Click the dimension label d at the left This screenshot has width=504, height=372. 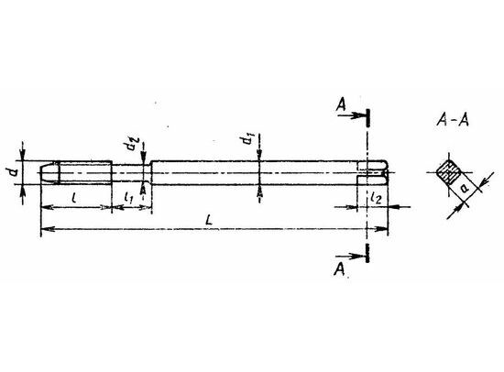point(13,172)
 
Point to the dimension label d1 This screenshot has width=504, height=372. point(247,139)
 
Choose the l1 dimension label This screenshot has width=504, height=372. point(128,197)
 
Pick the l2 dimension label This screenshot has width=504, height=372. point(376,198)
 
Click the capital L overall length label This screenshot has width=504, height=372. point(209,220)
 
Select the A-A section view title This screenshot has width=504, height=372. point(453,121)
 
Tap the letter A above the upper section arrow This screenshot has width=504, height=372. point(342,104)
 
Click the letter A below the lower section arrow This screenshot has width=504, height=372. point(339,269)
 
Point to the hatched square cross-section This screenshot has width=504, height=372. point(448,172)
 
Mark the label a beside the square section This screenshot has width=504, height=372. point(465,188)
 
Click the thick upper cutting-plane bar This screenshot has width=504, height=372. point(367,117)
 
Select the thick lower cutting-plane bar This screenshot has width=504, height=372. point(367,253)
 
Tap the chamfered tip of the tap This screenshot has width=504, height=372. point(49,173)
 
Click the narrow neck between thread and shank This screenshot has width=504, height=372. point(131,172)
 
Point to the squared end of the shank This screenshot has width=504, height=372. point(373,172)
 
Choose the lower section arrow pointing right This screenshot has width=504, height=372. point(350,257)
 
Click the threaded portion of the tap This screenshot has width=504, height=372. point(85,172)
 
